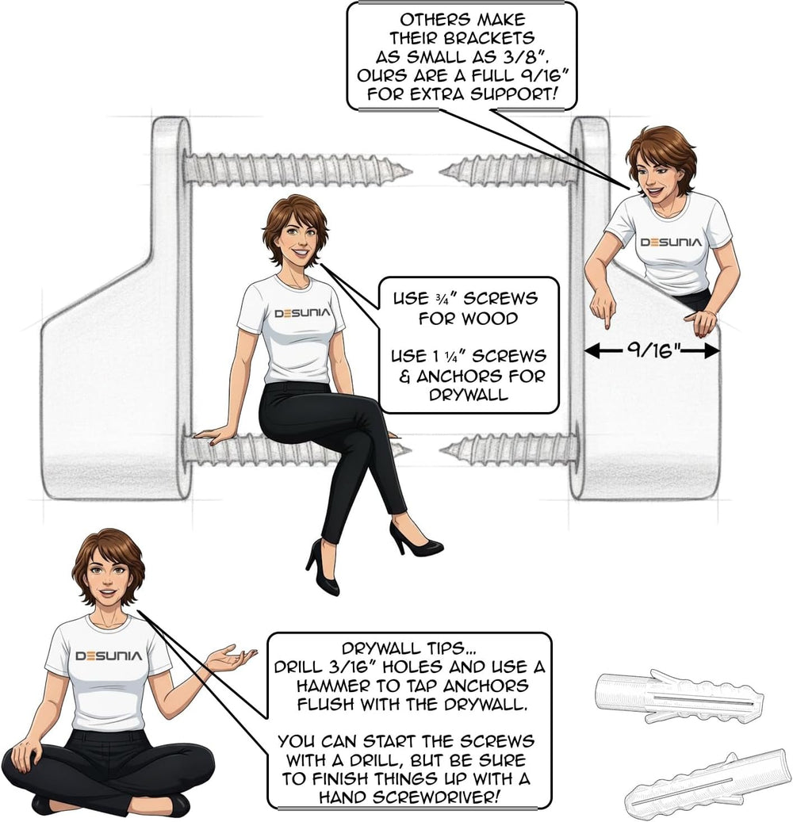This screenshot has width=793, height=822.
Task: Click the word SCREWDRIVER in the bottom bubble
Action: tap(436, 797)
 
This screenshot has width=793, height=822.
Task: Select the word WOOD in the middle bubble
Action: tap(493, 318)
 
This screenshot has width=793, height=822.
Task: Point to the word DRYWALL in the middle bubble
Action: tap(469, 395)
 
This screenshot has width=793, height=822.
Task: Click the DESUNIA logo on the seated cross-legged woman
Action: tap(109, 656)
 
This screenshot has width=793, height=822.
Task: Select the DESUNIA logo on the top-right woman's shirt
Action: tap(671, 243)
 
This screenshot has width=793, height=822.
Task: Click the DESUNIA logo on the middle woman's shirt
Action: tap(303, 313)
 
